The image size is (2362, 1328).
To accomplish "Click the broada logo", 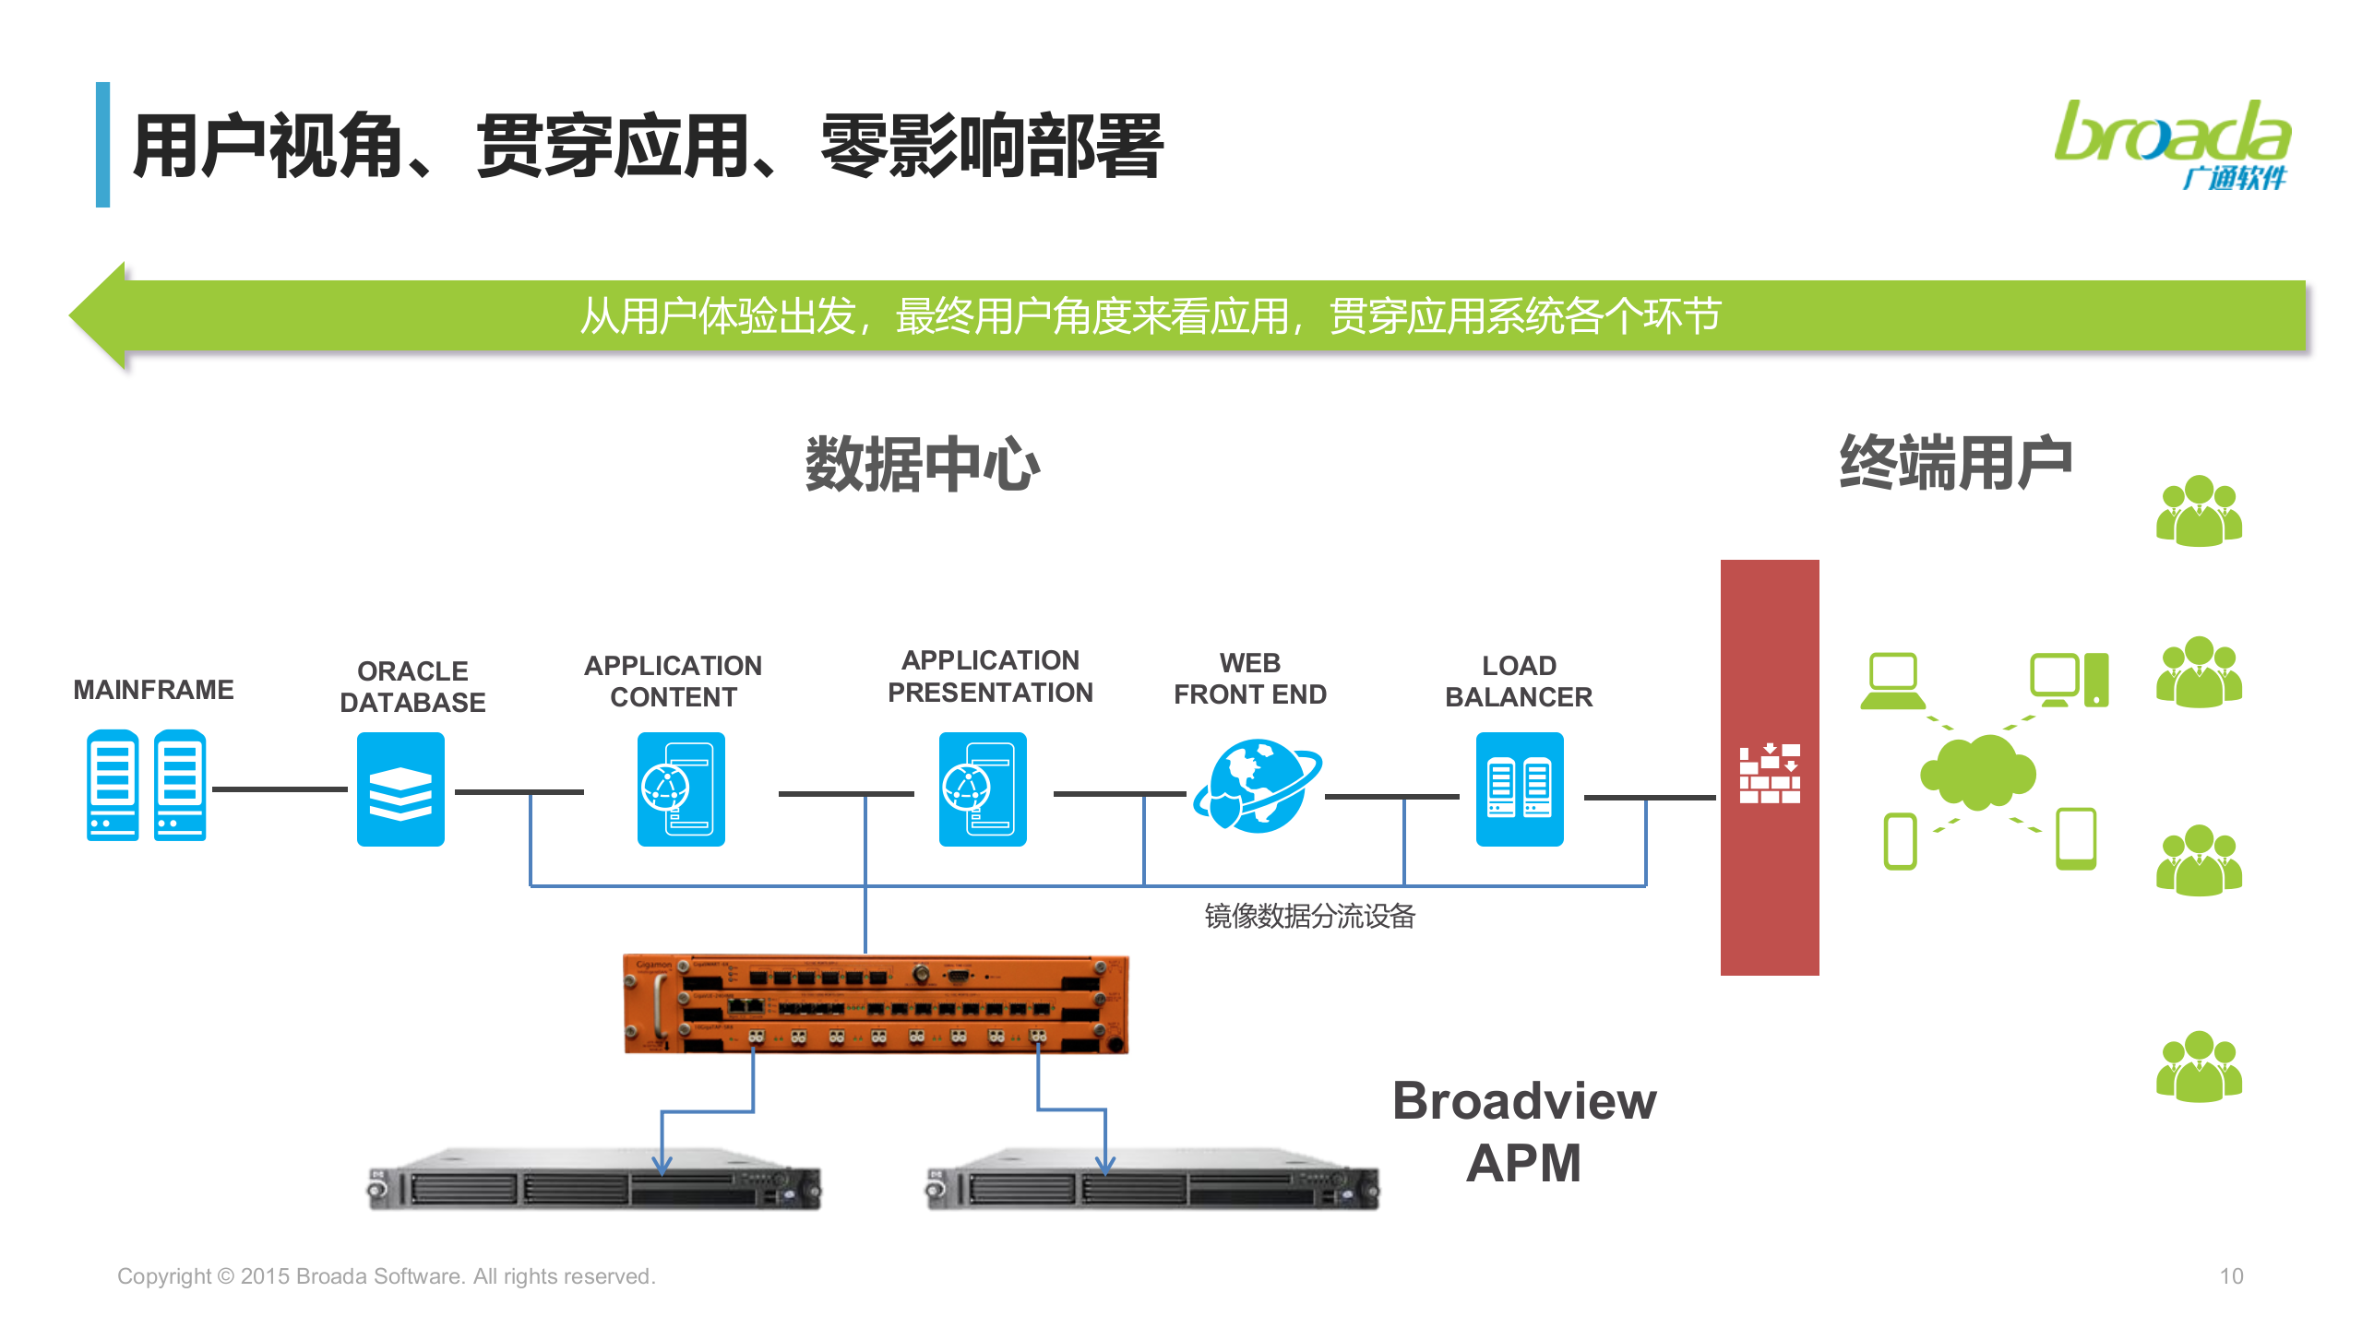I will [x=2172, y=143].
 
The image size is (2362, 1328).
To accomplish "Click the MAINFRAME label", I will [x=153, y=690].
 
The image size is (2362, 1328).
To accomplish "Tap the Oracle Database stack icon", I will [x=400, y=789].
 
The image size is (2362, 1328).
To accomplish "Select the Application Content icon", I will [x=681, y=789].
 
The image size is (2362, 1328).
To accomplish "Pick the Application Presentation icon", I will [x=983, y=789].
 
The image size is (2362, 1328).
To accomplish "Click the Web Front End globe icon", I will [x=1257, y=786].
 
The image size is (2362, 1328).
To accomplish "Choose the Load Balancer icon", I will [x=1520, y=789].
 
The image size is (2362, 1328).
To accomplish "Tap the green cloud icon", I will [x=1977, y=773].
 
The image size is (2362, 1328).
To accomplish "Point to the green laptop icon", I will [x=1892, y=682].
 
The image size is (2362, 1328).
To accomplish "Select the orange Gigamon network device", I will [x=876, y=1004].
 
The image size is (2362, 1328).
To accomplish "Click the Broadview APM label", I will [x=1524, y=1132].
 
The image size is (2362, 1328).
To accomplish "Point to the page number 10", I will [x=2231, y=1276].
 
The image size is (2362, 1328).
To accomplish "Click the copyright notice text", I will [x=386, y=1276].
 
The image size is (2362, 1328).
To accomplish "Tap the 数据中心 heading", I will [x=922, y=464].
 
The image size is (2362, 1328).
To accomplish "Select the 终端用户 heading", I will [x=1955, y=462].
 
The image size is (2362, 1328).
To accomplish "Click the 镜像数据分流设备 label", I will [x=1309, y=916].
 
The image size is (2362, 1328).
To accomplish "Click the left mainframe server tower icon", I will [x=113, y=786].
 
